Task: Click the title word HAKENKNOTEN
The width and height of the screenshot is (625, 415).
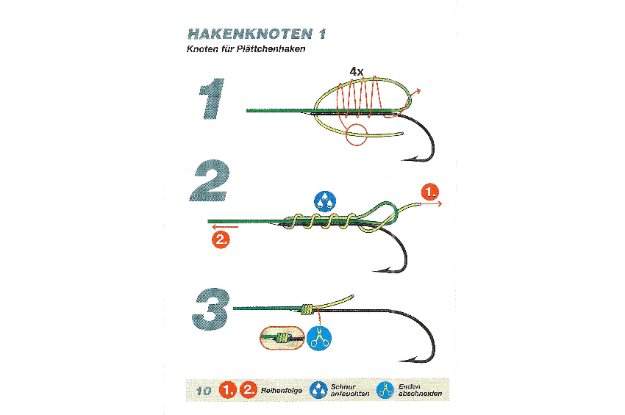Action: pyautogui.click(x=250, y=35)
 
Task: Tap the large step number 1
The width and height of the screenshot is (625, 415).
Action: pyautogui.click(x=212, y=98)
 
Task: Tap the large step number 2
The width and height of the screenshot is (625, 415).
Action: pyautogui.click(x=210, y=181)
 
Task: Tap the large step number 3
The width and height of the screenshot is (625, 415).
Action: pyautogui.click(x=211, y=309)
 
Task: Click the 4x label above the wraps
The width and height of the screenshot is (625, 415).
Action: pyautogui.click(x=357, y=72)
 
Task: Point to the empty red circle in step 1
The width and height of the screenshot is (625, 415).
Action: pyautogui.click(x=356, y=134)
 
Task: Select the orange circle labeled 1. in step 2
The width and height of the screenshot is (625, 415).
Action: pyautogui.click(x=430, y=192)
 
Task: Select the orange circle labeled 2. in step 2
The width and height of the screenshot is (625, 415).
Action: pyautogui.click(x=221, y=239)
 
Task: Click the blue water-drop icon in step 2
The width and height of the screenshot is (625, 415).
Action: pyautogui.click(x=325, y=201)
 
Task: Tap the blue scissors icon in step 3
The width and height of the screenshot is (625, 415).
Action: pyautogui.click(x=319, y=338)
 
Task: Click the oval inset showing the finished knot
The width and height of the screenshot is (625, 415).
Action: pyautogui.click(x=282, y=338)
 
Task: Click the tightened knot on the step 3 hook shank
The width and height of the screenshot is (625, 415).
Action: pyautogui.click(x=307, y=309)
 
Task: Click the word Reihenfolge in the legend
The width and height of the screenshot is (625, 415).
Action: pyautogui.click(x=282, y=391)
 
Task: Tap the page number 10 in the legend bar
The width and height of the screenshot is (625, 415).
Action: pyautogui.click(x=204, y=391)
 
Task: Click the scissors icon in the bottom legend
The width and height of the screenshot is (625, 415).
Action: pyautogui.click(x=385, y=390)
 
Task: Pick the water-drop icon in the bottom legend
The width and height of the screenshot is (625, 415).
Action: pyautogui.click(x=318, y=390)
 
